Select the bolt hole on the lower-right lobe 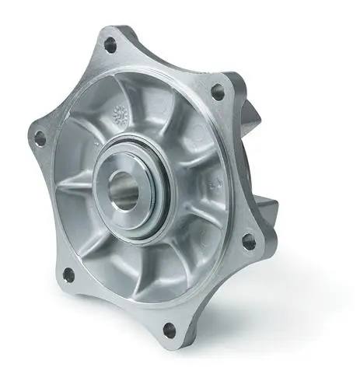point(248,242)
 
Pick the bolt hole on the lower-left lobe point(68,274)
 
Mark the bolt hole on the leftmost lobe point(40,138)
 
